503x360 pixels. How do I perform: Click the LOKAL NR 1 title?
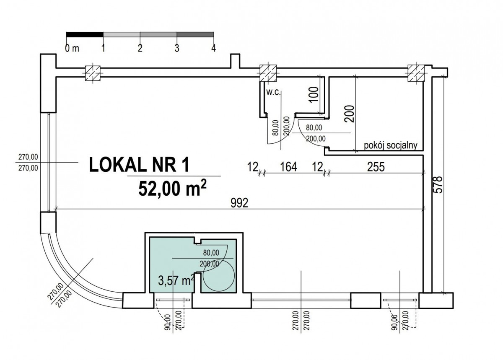(x=139, y=165)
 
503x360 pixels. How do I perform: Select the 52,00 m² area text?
(x=172, y=188)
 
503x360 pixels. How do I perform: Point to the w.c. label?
(x=273, y=92)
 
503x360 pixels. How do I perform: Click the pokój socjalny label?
(x=391, y=145)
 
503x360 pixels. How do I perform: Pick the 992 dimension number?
(x=239, y=203)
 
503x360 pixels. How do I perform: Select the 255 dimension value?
(x=376, y=167)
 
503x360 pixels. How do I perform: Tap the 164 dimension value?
(x=288, y=167)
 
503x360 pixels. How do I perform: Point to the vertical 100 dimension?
(x=314, y=95)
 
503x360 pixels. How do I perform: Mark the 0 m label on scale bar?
(x=72, y=48)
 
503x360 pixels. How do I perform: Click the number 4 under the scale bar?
(x=213, y=48)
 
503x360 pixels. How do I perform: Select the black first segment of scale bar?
(x=85, y=34)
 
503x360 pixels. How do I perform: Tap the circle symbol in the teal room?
(x=219, y=275)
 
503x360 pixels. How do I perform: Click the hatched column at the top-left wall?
(x=93, y=73)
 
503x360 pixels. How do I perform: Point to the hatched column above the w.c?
(x=268, y=73)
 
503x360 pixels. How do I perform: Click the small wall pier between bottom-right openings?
(x=366, y=300)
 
